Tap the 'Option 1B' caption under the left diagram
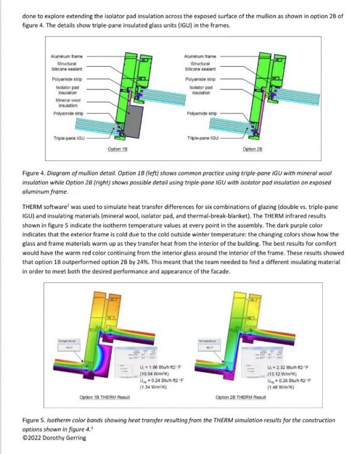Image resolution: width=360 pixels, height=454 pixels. [116, 148]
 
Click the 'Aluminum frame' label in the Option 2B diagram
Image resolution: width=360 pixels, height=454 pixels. [201, 56]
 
